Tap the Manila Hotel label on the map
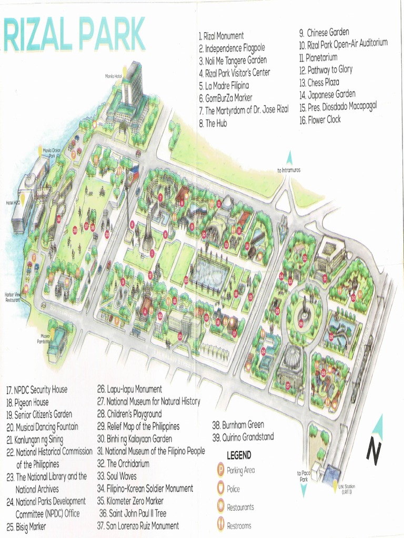click(x=113, y=77)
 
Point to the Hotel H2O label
click(x=13, y=203)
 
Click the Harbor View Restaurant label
click(x=13, y=297)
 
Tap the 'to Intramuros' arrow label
click(x=287, y=170)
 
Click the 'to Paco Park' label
click(x=303, y=476)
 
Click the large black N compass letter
click(x=373, y=451)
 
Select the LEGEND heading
click(x=239, y=455)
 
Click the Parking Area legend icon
click(x=221, y=470)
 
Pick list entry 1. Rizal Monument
click(x=221, y=36)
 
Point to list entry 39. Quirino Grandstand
click(x=243, y=437)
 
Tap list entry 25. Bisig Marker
click(x=26, y=526)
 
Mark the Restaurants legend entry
click(x=240, y=507)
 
